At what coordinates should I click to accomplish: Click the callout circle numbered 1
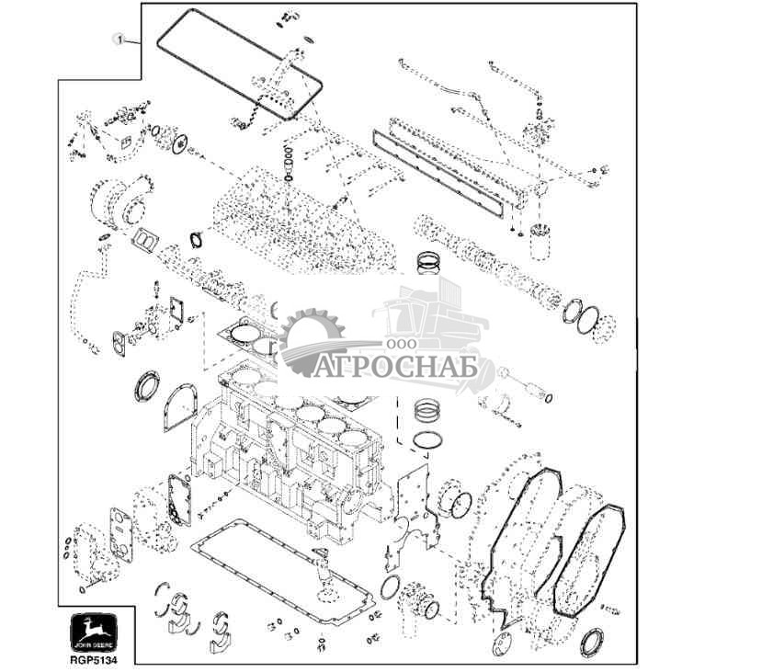pyautogui.click(x=118, y=39)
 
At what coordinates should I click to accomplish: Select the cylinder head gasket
pyautogui.click(x=248, y=336)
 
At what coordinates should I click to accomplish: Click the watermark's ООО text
pyautogui.click(x=399, y=343)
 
